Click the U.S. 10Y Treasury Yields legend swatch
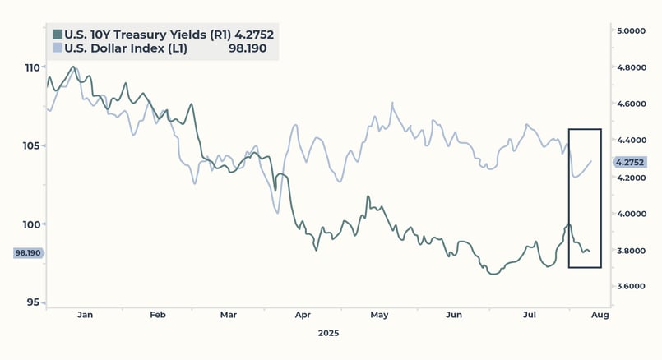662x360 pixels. (58, 35)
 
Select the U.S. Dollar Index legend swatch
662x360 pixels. (58, 48)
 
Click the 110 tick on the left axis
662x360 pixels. (32, 67)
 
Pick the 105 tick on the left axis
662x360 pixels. (32, 146)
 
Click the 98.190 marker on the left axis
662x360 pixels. (29, 253)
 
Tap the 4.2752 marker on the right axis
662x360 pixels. (630, 162)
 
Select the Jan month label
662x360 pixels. (85, 315)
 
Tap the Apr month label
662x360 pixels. (303, 315)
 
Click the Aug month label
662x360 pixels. (600, 315)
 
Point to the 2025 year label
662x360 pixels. (328, 333)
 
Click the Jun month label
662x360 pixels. (453, 315)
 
